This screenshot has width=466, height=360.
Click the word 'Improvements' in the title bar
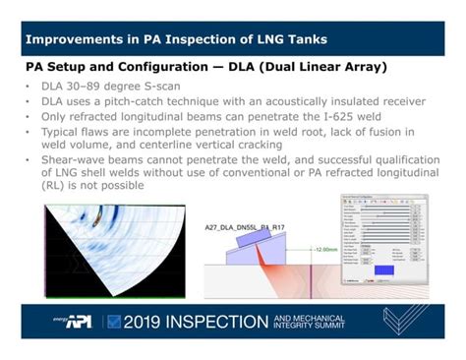(69, 40)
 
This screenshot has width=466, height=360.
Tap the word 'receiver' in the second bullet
(397, 101)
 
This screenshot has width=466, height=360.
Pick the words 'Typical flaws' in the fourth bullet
(69, 131)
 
